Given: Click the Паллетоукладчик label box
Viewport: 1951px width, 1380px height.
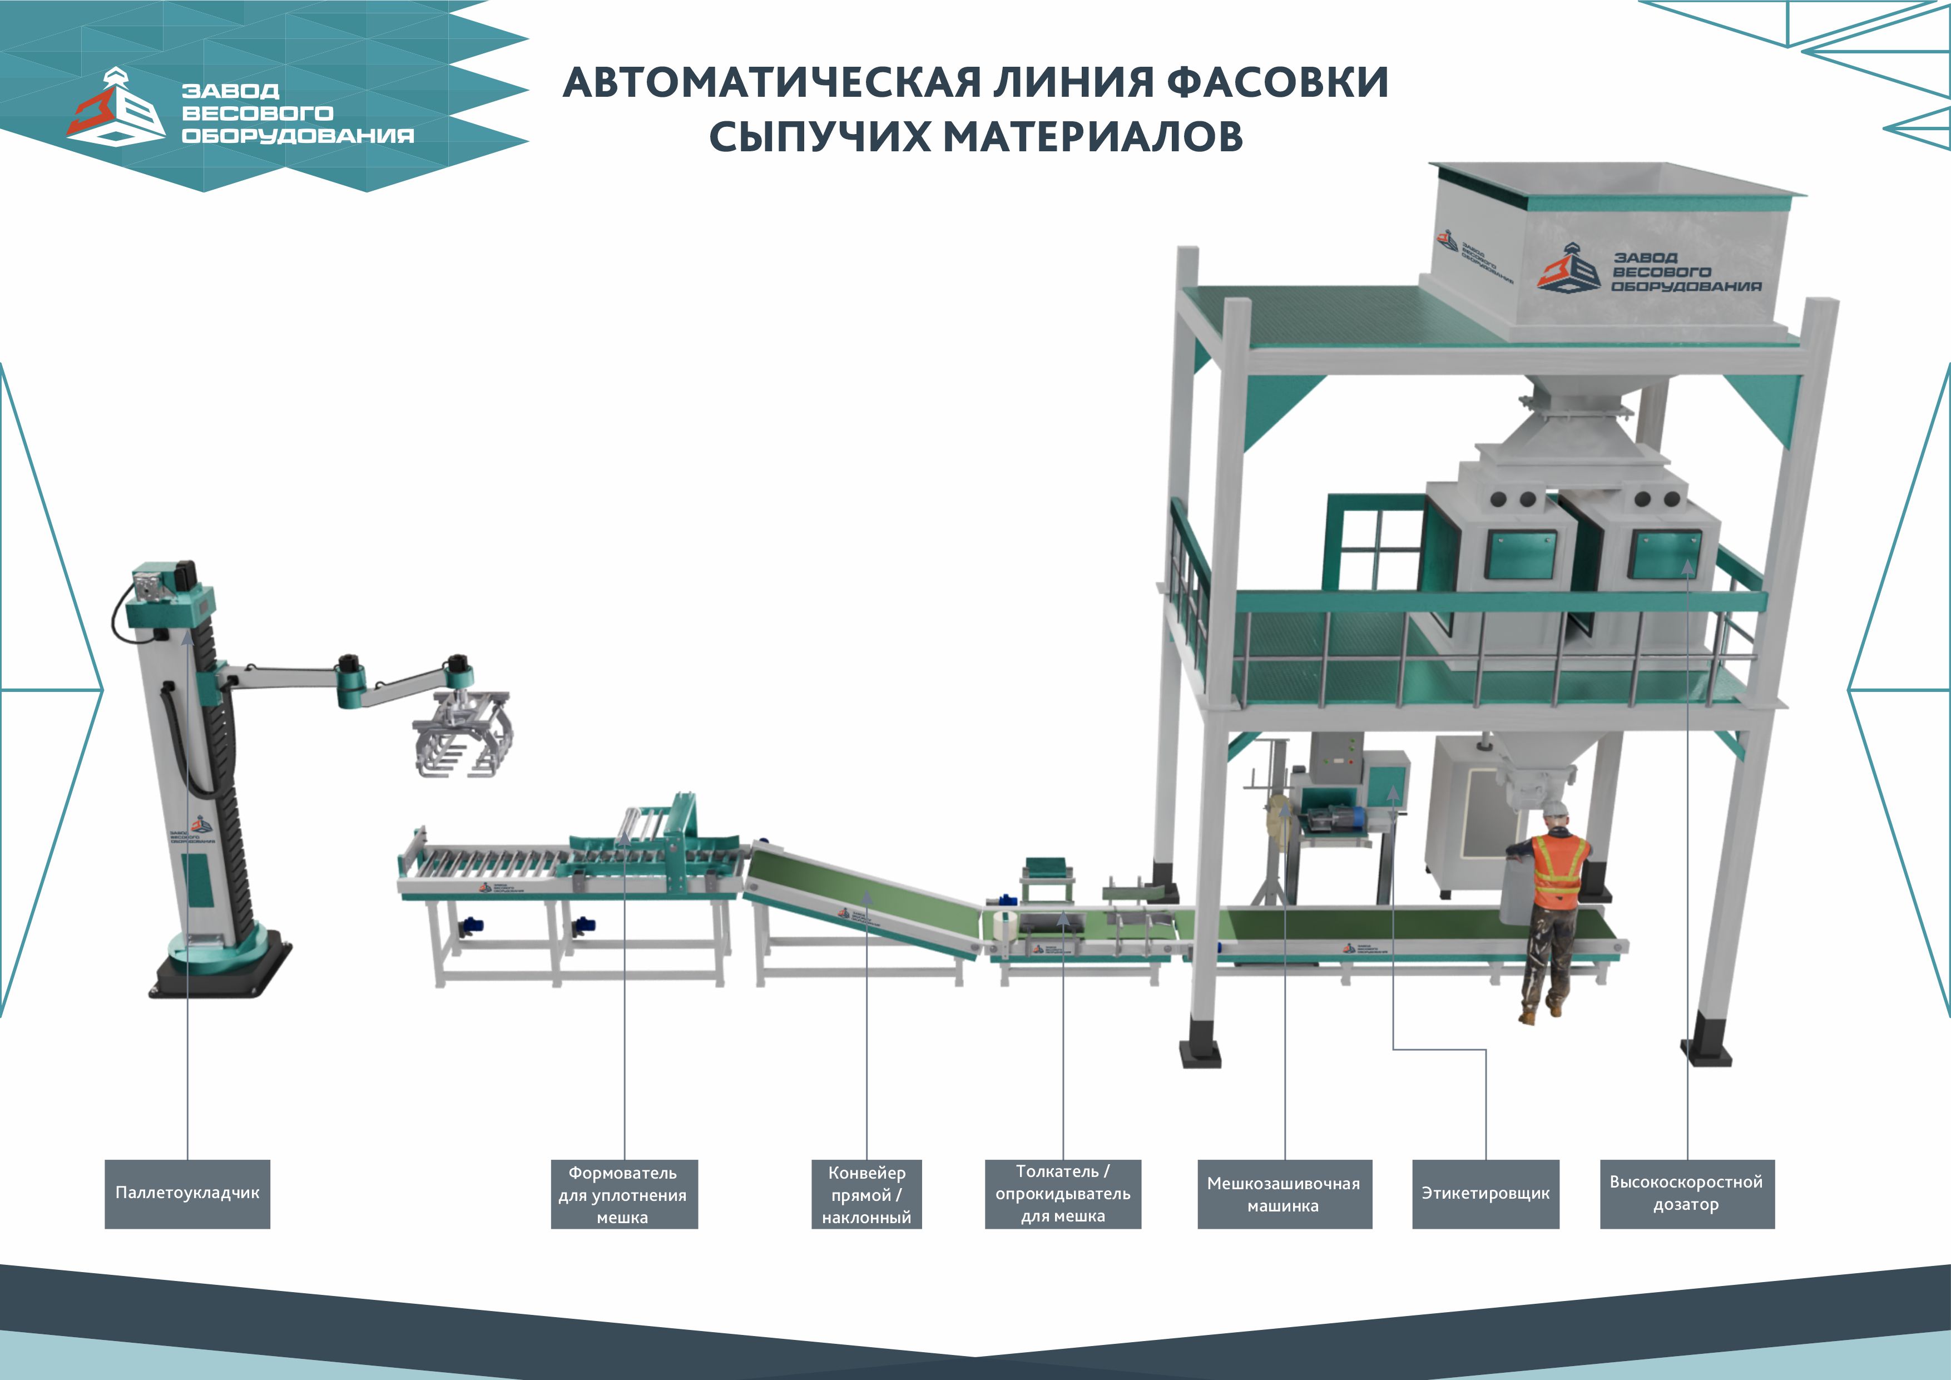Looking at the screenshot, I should pos(187,1193).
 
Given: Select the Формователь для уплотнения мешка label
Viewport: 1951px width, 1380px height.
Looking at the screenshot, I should pos(623,1194).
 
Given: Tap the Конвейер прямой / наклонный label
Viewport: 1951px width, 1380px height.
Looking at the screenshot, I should pos(866,1194).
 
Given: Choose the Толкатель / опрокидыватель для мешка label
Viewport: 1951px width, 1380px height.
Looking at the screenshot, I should pos(1062,1193).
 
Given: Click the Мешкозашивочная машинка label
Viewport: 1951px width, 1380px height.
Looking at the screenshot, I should pos(1284,1194).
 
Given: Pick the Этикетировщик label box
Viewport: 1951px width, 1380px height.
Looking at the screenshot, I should pos(1485,1193).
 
